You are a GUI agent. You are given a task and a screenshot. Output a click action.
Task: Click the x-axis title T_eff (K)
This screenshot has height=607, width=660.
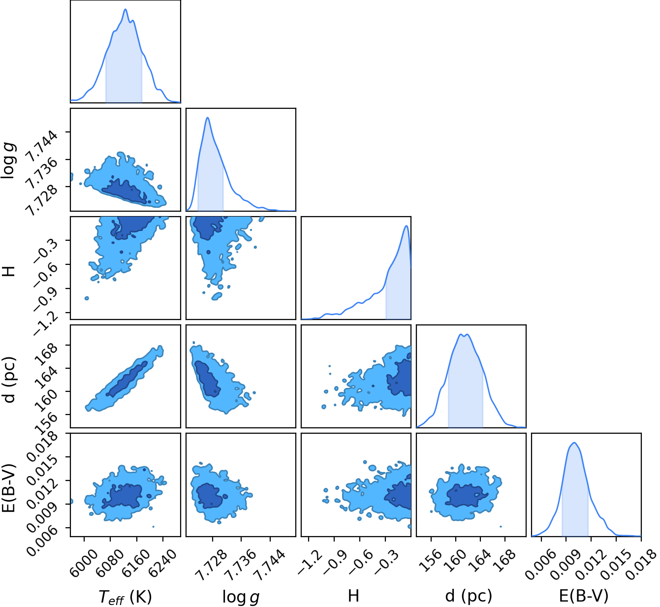coord(125,596)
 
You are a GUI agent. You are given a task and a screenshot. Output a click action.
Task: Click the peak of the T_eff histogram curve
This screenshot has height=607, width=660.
coord(126,9)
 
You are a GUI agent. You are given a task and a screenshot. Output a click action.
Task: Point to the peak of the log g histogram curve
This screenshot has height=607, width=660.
coord(208,118)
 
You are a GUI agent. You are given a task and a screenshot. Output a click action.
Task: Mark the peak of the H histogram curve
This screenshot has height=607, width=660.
coord(407,225)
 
